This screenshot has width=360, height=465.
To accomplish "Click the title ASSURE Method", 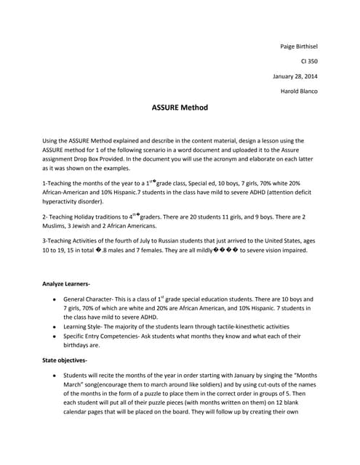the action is pyautogui.click(x=180, y=108).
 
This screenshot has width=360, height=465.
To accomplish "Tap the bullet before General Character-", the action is pyautogui.click(x=56, y=299).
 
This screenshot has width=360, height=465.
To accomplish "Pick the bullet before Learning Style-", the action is pyautogui.click(x=56, y=327).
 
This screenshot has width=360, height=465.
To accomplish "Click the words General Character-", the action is pyautogui.click(x=92, y=299).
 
